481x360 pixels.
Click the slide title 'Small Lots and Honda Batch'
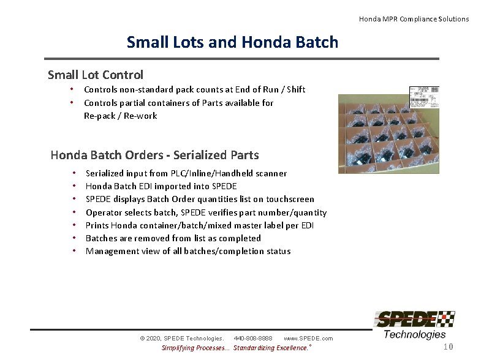click(x=232, y=42)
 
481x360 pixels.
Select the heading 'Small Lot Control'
click(x=96, y=75)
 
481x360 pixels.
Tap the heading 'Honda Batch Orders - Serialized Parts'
click(x=154, y=155)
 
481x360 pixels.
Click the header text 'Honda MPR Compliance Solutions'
click(x=414, y=19)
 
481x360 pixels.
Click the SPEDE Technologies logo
click(x=414, y=325)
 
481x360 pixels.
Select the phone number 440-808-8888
click(x=252, y=338)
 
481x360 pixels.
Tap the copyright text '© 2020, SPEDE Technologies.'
click(x=182, y=338)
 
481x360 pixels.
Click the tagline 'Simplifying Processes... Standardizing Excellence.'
click(x=235, y=348)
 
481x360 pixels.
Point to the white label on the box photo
click(x=424, y=96)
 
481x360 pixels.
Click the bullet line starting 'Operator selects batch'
click(x=206, y=212)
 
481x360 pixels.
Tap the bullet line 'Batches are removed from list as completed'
click(x=173, y=238)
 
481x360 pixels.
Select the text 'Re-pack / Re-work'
click(x=121, y=116)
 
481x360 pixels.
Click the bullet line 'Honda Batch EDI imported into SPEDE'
click(x=161, y=186)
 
